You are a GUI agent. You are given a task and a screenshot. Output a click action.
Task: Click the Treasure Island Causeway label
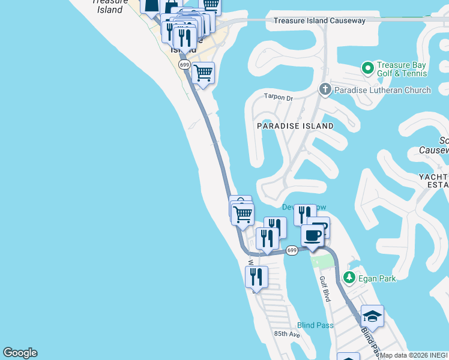coord(319,20)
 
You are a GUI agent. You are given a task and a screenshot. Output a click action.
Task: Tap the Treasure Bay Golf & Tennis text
coord(402,69)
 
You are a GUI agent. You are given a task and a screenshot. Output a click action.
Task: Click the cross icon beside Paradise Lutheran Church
coord(325,90)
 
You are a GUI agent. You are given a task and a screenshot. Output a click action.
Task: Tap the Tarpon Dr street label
coord(278,96)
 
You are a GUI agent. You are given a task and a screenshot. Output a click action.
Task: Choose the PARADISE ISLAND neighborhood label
coord(295,126)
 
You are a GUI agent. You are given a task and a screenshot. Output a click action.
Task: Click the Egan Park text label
coord(378,278)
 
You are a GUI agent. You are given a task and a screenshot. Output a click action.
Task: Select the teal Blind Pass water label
coord(315,325)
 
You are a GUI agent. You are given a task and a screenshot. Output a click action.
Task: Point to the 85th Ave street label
coord(286,334)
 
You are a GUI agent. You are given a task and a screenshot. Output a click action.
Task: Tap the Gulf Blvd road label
coord(325,289)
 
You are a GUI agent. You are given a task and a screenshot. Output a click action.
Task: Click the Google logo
coord(20,353)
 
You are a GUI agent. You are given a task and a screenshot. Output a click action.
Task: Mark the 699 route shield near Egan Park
coord(292,250)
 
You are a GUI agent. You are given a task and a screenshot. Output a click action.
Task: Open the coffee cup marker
coord(312,235)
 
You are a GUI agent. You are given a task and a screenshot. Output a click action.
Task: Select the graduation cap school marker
coord(372,316)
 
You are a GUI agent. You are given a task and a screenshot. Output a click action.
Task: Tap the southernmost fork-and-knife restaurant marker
coord(256,277)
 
